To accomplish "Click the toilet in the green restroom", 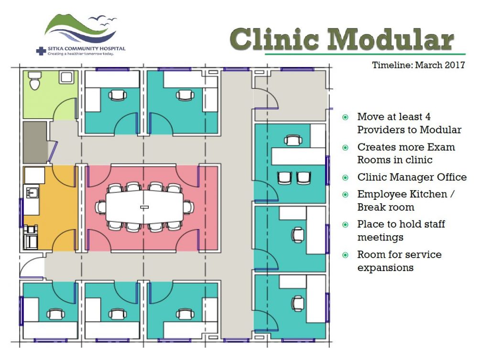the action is point(34,81).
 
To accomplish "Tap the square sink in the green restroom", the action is point(66,77).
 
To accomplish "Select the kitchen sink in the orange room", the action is point(32,193).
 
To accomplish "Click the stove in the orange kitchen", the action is point(31,238).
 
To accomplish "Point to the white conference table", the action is point(144,207).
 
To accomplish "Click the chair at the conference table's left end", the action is point(100,207).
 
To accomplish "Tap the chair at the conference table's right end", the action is point(188,207).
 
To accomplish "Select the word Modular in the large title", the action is point(391,39).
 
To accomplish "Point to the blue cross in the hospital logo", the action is point(41,51).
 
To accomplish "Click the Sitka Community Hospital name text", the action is point(86,48).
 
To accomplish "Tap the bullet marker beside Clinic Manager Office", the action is point(346,177).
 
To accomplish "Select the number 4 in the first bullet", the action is point(428,117).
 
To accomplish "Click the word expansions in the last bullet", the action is point(385,268).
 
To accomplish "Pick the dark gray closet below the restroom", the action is point(35,142).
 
